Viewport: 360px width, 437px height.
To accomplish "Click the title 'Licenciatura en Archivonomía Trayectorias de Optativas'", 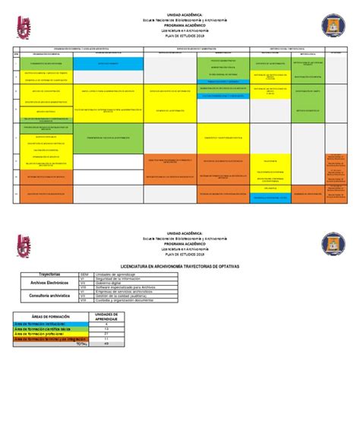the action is coord(180,266).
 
